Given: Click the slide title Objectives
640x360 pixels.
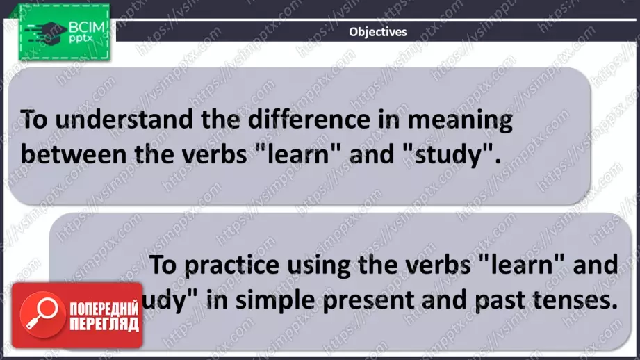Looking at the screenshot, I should (377, 31).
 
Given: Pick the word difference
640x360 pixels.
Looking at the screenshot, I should (298, 120).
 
